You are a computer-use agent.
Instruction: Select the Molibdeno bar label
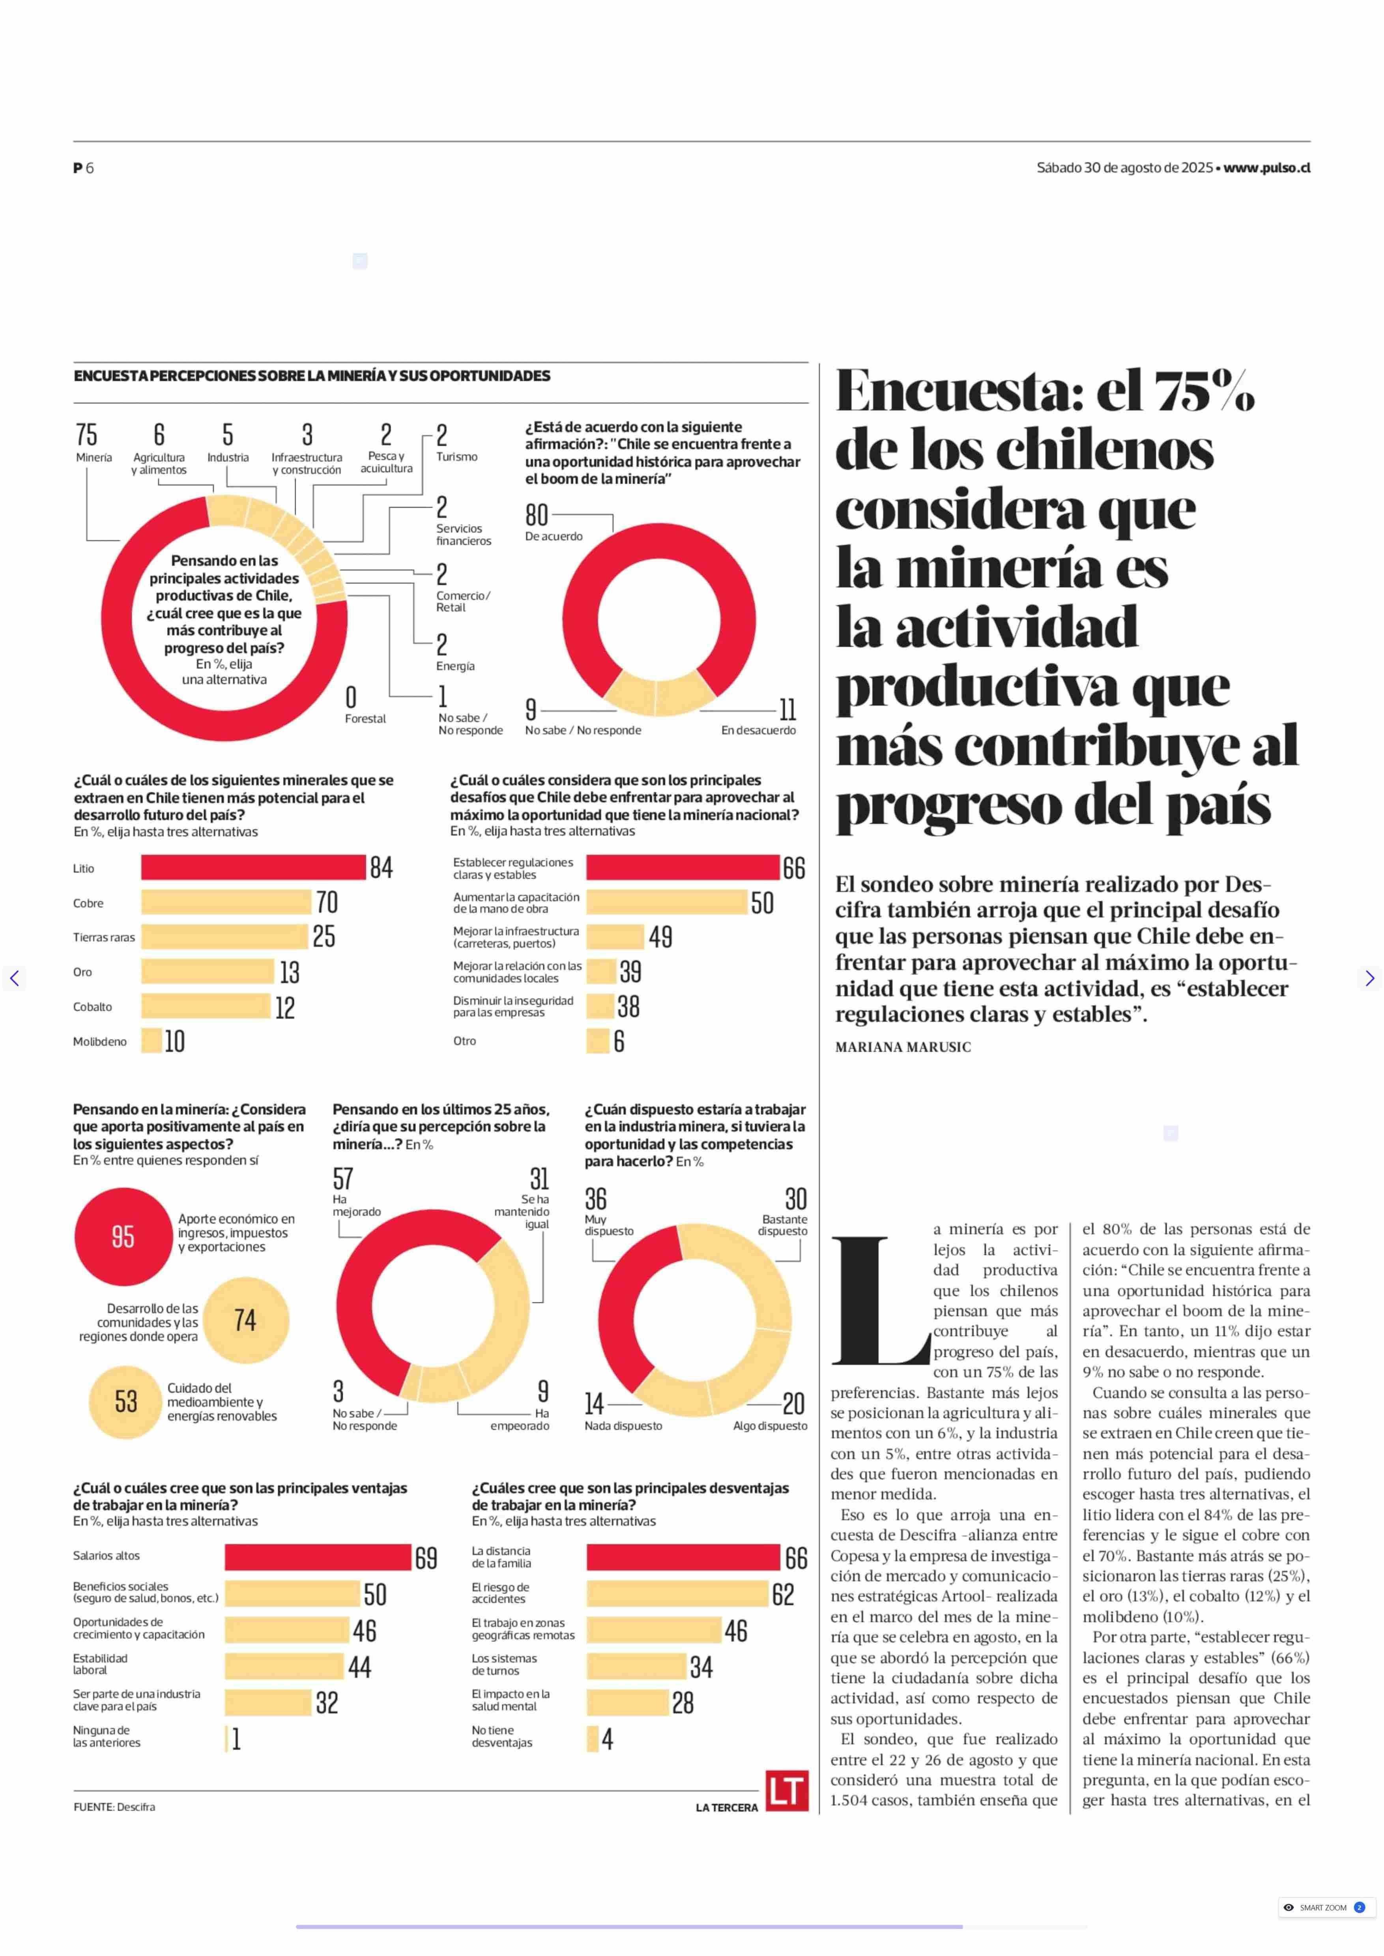(x=100, y=1042)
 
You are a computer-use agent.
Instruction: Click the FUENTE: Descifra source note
(x=114, y=1807)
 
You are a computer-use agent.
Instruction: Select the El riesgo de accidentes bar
(x=677, y=1594)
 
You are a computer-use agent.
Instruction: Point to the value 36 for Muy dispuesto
(x=596, y=1199)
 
